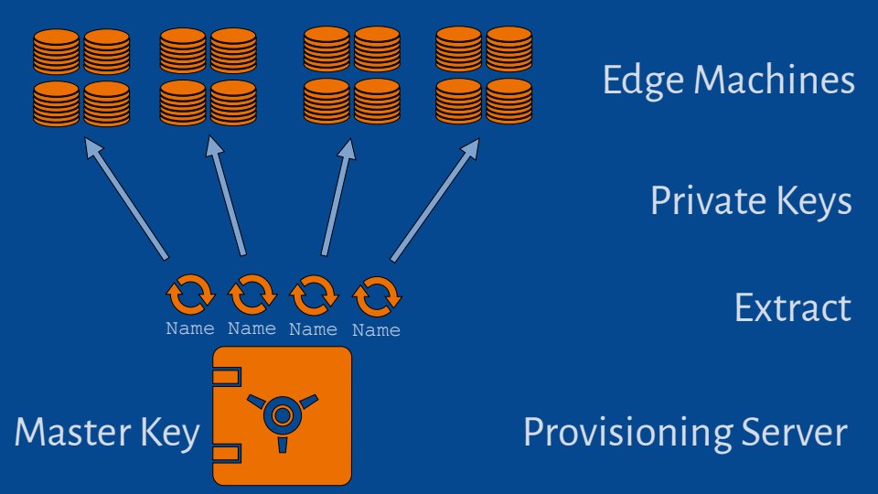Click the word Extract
pyautogui.click(x=792, y=308)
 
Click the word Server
pyautogui.click(x=795, y=432)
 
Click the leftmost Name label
pyautogui.click(x=190, y=329)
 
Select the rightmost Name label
pyautogui.click(x=376, y=330)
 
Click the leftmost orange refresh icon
pyautogui.click(x=190, y=295)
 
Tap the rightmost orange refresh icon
pyautogui.click(x=376, y=295)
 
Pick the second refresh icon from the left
pyautogui.click(x=252, y=295)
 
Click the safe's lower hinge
pyautogui.click(x=225, y=452)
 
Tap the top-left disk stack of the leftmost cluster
pyautogui.click(x=56, y=52)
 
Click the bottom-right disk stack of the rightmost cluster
pyautogui.click(x=509, y=102)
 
